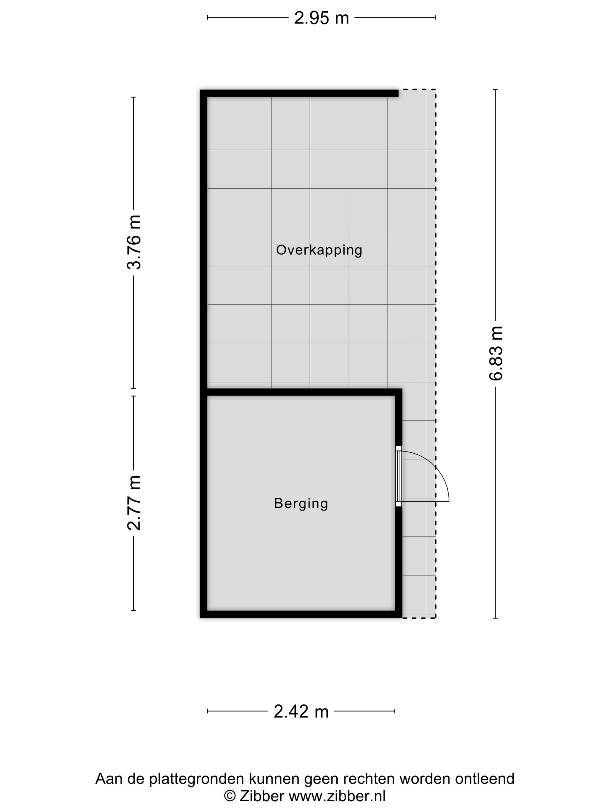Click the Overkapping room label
click(319, 250)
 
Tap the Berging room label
click(301, 503)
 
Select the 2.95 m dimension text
click(321, 18)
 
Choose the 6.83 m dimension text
click(496, 353)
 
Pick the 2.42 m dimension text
click(301, 711)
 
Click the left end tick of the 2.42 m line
click(207, 711)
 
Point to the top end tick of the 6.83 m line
click(495, 90)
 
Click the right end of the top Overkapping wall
click(398, 93)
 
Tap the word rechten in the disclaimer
click(369, 779)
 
